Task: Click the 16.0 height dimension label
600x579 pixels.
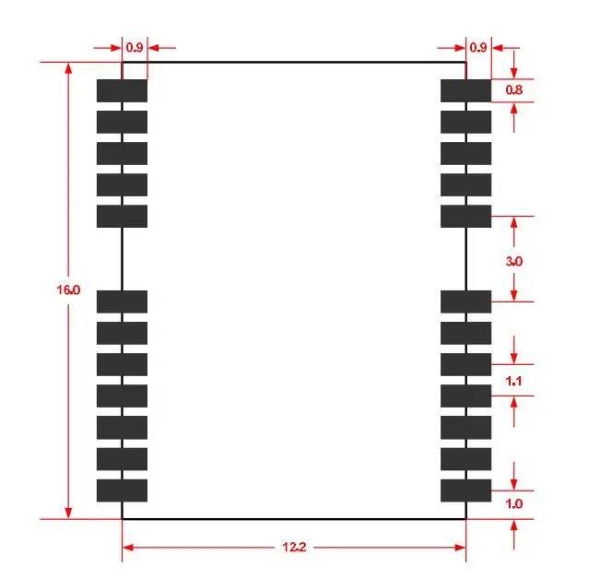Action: (x=68, y=289)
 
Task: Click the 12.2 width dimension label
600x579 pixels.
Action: (x=294, y=547)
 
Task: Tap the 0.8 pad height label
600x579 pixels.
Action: (x=514, y=90)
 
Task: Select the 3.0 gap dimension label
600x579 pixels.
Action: (x=514, y=261)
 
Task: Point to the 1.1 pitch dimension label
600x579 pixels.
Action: (x=513, y=381)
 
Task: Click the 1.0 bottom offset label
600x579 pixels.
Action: (x=514, y=503)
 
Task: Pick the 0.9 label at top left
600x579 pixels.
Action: (x=135, y=47)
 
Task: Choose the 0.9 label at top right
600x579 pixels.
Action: (x=478, y=47)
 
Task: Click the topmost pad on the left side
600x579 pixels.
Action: (x=122, y=90)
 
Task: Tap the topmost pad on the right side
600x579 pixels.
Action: (x=465, y=90)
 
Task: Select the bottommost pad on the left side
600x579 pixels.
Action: (x=122, y=490)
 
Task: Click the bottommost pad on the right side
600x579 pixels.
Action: (x=465, y=490)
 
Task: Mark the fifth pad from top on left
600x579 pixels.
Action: (x=122, y=217)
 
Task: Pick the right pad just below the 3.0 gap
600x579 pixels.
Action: (x=465, y=301)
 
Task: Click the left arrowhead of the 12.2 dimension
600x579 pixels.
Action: (x=128, y=548)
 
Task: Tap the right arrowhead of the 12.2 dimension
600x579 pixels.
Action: (x=460, y=548)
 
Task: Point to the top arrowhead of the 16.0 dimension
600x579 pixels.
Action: (x=68, y=68)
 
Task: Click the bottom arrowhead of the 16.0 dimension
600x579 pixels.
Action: (x=68, y=514)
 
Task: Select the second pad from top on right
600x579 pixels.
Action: (x=465, y=122)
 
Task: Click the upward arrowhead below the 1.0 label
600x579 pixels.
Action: (x=514, y=525)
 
